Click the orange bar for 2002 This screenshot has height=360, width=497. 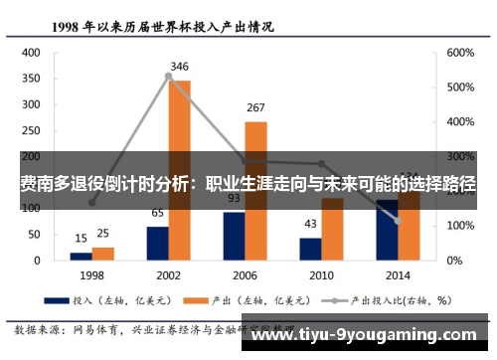tap(179, 169)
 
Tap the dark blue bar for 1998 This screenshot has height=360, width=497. tap(81, 256)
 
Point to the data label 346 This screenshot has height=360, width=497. tap(179, 67)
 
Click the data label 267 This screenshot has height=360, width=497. tap(255, 107)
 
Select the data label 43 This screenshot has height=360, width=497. tap(310, 224)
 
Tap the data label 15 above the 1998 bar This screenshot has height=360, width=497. tap(81, 239)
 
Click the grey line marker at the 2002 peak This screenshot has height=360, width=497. tap(168, 76)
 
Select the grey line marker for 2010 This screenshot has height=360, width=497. tap(321, 164)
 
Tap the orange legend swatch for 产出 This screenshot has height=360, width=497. tap(197, 297)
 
